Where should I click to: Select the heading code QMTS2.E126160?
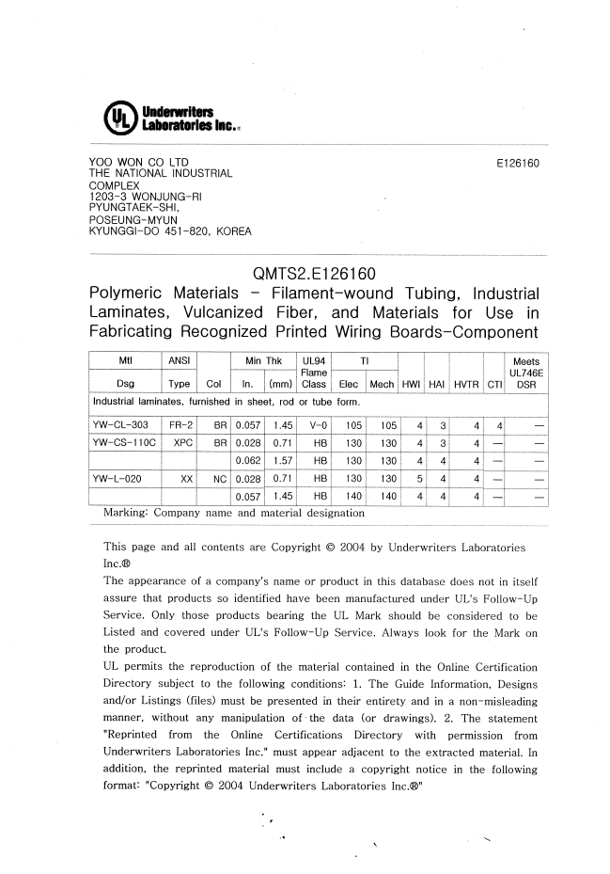point(314,275)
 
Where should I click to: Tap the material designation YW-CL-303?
point(122,424)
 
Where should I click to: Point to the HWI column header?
point(410,384)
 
